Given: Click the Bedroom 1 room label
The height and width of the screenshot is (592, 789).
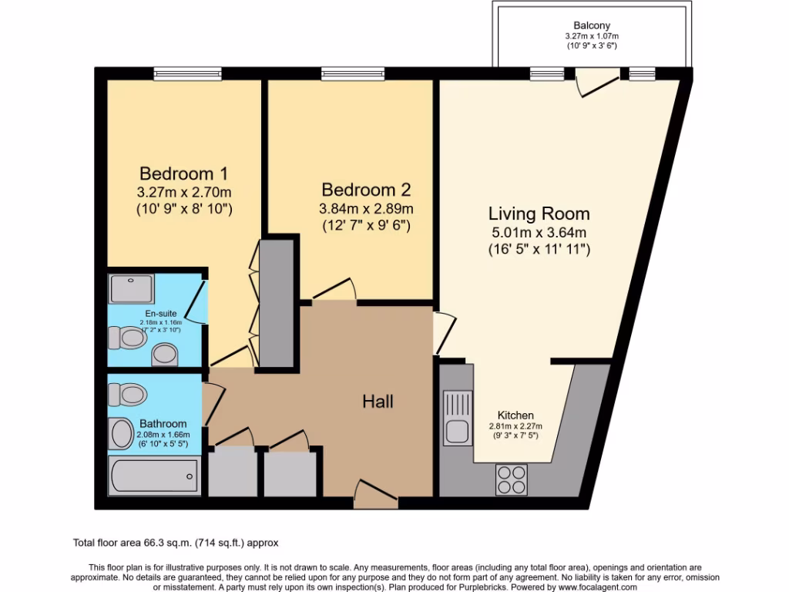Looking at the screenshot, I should tap(183, 173).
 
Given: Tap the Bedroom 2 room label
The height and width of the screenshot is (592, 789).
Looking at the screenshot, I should tap(366, 190).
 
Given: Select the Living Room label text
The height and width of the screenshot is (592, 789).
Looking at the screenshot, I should tap(539, 214).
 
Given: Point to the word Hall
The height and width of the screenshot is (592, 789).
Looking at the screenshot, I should tap(378, 402).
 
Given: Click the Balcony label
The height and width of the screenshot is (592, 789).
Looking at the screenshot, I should tap(592, 25).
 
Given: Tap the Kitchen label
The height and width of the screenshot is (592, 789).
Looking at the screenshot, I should tap(515, 415).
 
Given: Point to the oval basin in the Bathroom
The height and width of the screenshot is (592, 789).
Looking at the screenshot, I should tap(122, 434).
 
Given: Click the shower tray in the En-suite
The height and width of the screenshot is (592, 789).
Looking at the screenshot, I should tap(133, 288).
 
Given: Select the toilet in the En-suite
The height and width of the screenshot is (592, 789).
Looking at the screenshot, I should tap(127, 338).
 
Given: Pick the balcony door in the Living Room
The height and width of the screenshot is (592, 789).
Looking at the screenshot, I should tap(599, 81).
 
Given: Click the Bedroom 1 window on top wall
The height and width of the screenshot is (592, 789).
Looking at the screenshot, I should tap(187, 74).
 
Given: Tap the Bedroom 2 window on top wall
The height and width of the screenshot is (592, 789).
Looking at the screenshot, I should tap(353, 74).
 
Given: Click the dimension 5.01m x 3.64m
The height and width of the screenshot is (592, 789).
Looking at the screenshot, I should tap(539, 232).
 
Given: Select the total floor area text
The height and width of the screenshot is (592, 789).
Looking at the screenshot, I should tap(180, 543).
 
